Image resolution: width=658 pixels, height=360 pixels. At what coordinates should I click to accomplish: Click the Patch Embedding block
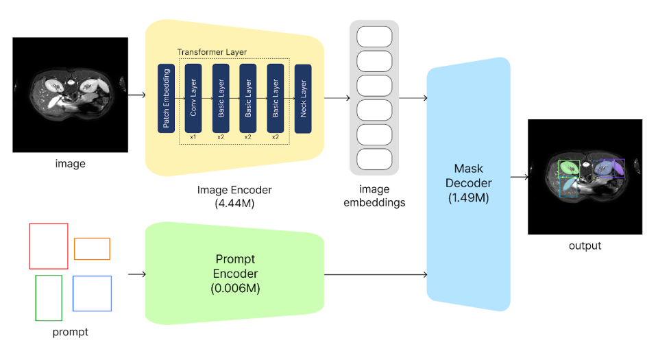(166, 98)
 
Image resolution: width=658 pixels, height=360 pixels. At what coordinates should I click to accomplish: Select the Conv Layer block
(193, 98)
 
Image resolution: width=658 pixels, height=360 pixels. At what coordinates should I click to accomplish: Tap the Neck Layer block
(303, 98)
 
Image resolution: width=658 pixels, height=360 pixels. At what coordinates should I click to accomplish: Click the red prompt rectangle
(49, 245)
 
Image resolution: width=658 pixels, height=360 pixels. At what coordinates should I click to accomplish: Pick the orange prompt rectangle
(92, 248)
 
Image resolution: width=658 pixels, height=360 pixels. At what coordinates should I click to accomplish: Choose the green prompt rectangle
(49, 298)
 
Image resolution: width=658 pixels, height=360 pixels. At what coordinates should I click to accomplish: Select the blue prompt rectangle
(92, 293)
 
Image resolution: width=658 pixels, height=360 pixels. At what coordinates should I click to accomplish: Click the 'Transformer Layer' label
(212, 52)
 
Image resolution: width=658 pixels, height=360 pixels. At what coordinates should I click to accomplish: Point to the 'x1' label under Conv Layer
(193, 137)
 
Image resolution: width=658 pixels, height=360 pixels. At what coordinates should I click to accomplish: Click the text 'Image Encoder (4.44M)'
(234, 196)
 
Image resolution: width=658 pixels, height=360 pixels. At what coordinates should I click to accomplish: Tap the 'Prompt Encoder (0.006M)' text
(235, 274)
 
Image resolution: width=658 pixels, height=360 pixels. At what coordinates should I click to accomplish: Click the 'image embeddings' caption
(374, 195)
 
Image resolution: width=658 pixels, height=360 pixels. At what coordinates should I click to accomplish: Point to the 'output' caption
(585, 245)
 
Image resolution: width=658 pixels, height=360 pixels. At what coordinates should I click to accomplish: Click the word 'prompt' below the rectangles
(70, 333)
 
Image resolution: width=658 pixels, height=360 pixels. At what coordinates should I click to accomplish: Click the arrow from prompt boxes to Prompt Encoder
(137, 275)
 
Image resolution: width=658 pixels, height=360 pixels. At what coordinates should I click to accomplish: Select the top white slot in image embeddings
(374, 36)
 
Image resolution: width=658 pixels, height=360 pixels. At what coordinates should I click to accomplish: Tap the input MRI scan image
(70, 95)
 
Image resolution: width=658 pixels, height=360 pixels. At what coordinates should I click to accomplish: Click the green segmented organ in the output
(568, 167)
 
